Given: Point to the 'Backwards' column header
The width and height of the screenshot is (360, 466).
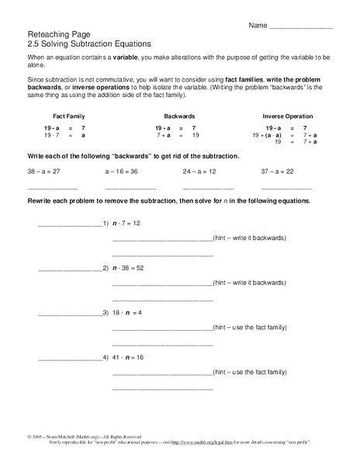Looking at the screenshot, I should pos(171,115).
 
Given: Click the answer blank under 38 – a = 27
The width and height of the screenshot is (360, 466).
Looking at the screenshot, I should pos(52,189).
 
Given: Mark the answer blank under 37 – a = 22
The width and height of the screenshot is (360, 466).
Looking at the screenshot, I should pos(286,189).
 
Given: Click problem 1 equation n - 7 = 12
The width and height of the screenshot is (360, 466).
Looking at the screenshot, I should pos(125,223).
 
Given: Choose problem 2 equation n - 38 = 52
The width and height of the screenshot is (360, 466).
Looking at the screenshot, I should pos(128,268).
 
